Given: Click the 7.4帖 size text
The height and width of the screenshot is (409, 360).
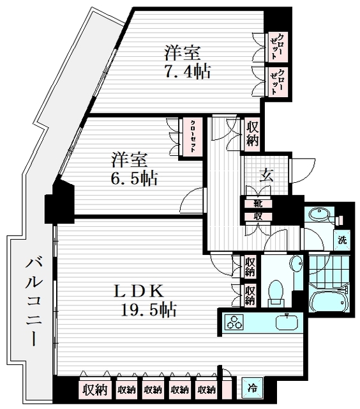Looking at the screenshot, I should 188,71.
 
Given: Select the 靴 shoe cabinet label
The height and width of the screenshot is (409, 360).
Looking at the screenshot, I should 257,203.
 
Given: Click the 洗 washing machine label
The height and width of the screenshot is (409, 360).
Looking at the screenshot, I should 343,241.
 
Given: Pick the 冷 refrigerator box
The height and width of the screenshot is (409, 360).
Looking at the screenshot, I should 252,387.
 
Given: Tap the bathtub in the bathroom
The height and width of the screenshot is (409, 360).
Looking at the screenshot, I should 329,300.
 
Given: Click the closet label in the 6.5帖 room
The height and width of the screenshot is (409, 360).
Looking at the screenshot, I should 192,135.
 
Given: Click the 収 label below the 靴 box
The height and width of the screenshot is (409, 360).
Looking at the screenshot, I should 257,216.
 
